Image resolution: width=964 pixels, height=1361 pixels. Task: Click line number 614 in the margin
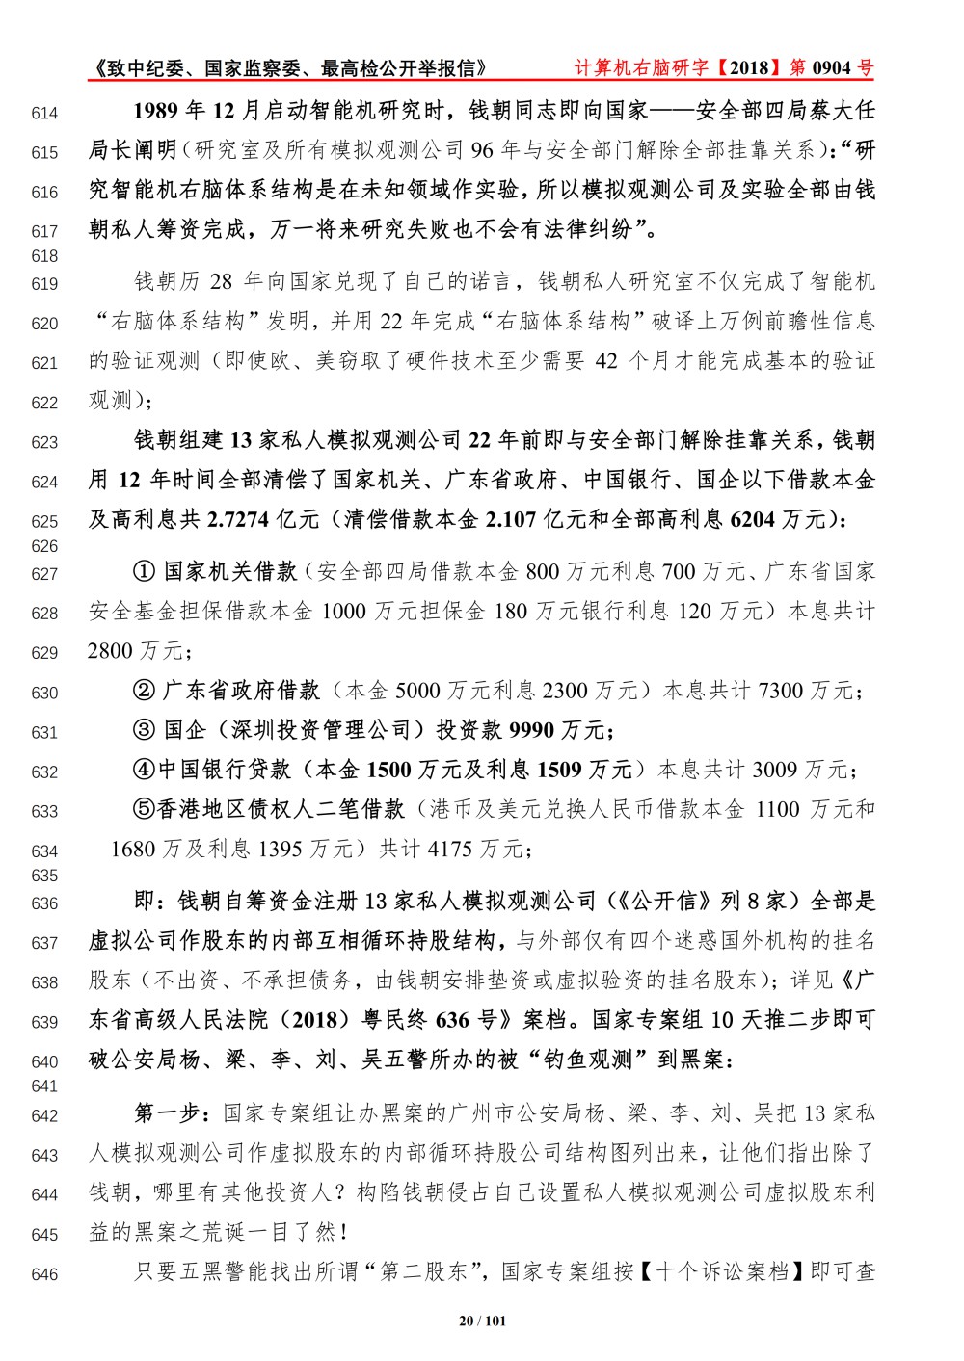tap(44, 114)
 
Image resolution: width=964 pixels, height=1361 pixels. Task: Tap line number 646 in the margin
tap(44, 1274)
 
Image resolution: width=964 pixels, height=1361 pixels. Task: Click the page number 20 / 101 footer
tap(482, 1321)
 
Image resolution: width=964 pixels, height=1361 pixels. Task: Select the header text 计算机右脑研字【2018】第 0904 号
tap(723, 67)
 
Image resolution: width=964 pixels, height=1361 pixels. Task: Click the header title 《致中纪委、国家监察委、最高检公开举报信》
tap(289, 68)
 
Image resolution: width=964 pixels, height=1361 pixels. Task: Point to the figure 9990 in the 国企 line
tap(531, 730)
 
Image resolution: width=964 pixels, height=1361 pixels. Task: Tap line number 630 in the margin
tap(44, 693)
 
